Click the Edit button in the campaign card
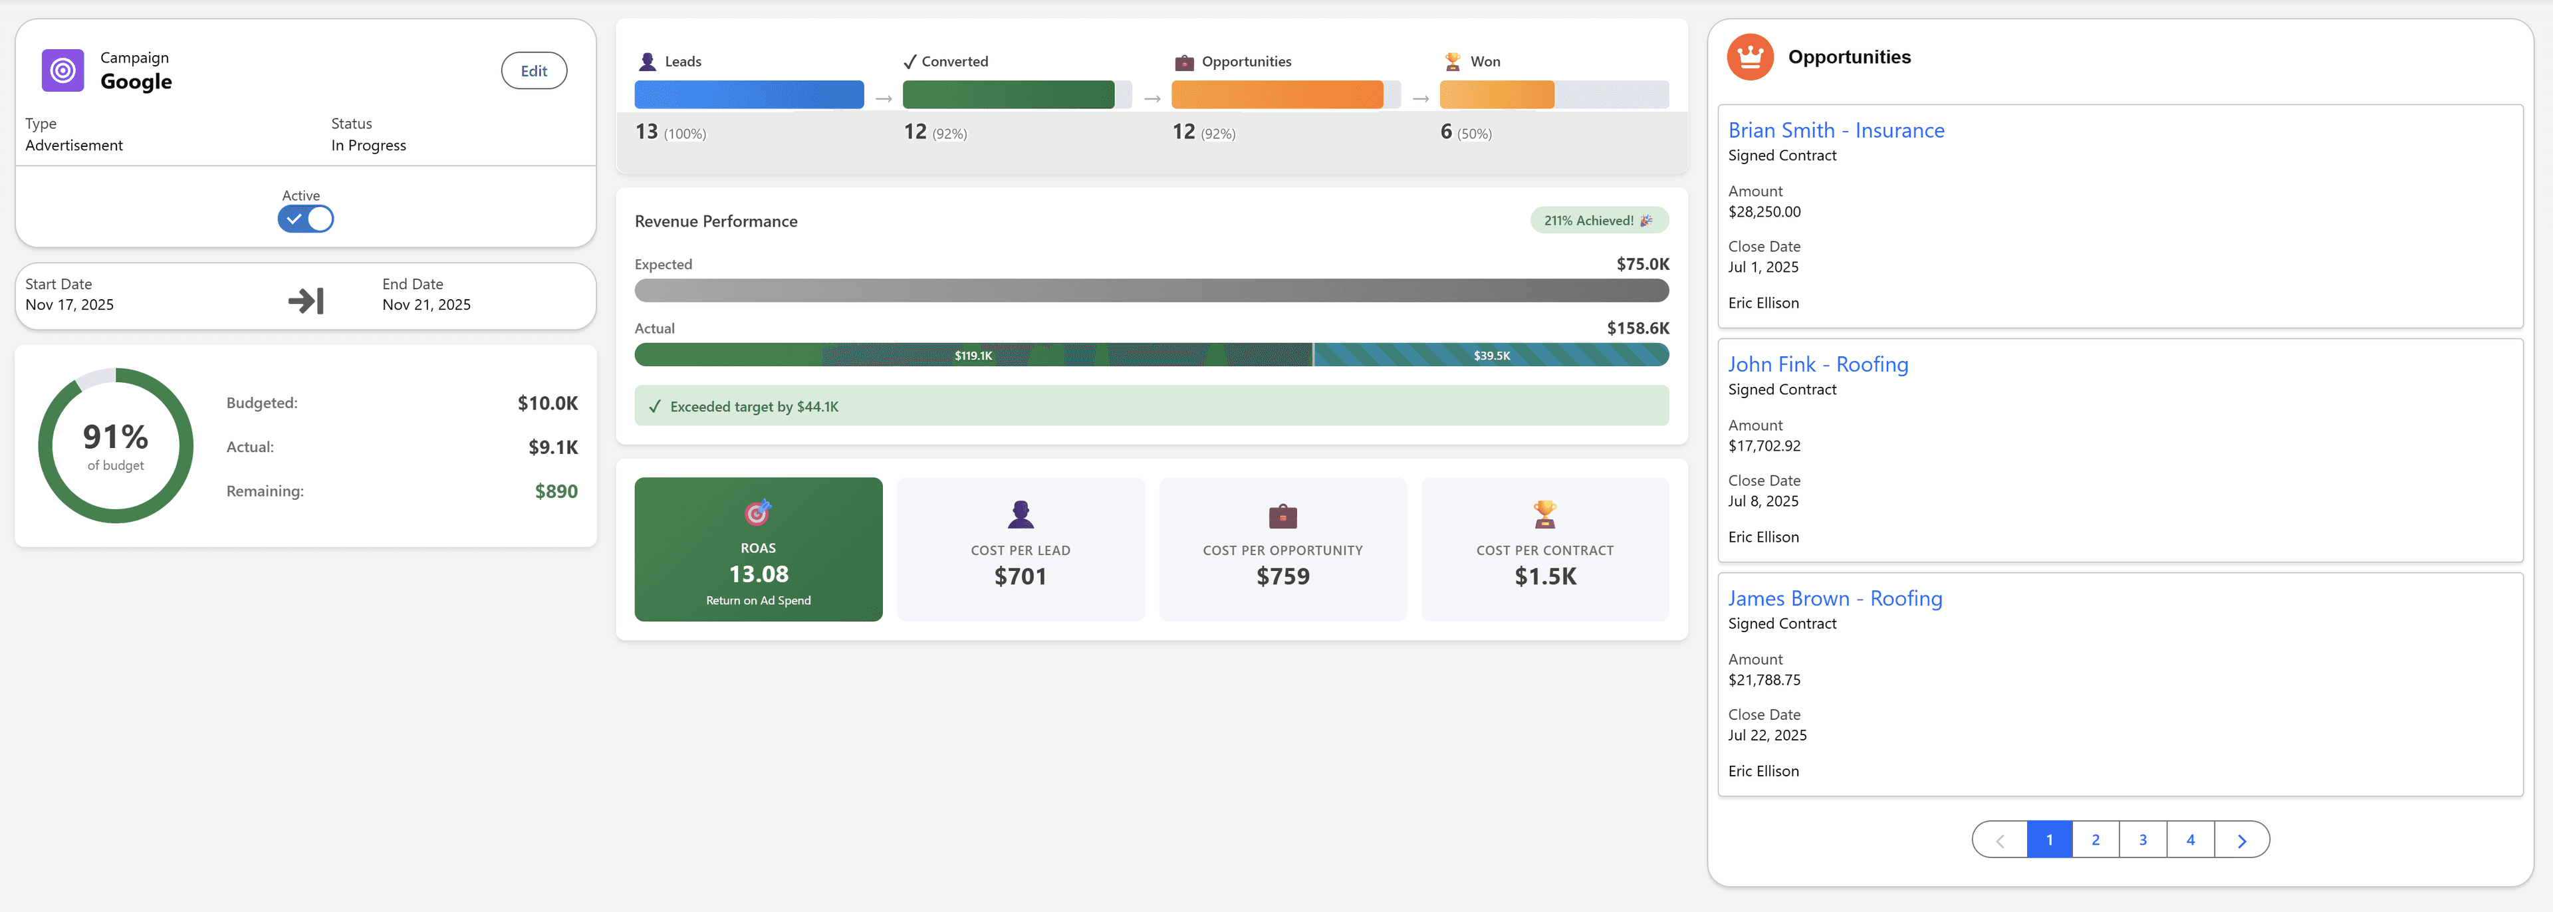pos(533,71)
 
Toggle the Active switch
pos(305,219)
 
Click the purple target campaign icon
pos(62,70)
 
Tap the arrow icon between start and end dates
pos(305,300)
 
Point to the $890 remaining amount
pos(555,492)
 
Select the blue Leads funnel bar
pos(748,95)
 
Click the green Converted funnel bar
pos(1008,95)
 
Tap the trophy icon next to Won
pos(1452,61)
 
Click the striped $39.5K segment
pos(1491,355)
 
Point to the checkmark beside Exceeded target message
pos(654,406)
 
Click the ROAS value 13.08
pos(758,575)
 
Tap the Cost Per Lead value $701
pos(1020,577)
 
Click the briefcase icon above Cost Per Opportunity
pos(1282,515)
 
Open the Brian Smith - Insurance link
pos(1836,131)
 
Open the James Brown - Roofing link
pos(1834,599)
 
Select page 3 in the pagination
pos(2143,840)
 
